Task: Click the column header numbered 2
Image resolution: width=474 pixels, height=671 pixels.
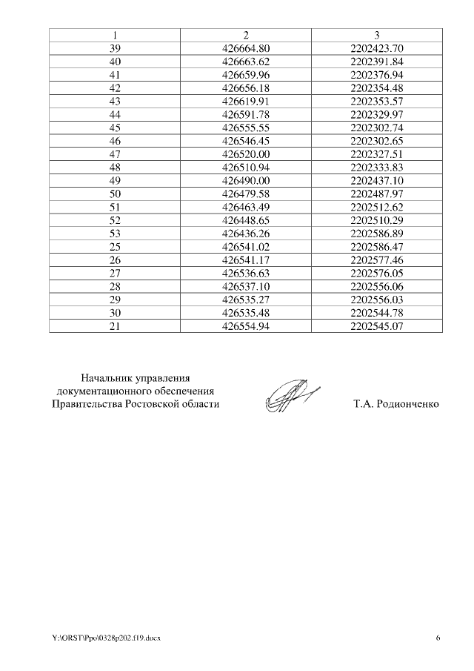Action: [x=245, y=36]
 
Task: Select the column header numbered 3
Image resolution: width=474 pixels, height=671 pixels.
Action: [x=376, y=36]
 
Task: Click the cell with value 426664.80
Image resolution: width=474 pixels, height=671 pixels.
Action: [x=245, y=49]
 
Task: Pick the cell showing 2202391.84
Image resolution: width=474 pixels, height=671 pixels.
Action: [x=376, y=62]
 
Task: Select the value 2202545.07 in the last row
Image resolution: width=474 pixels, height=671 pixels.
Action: [x=376, y=325]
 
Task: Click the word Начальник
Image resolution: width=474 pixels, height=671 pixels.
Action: [x=105, y=377]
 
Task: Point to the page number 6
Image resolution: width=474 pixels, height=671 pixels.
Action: [x=438, y=638]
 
